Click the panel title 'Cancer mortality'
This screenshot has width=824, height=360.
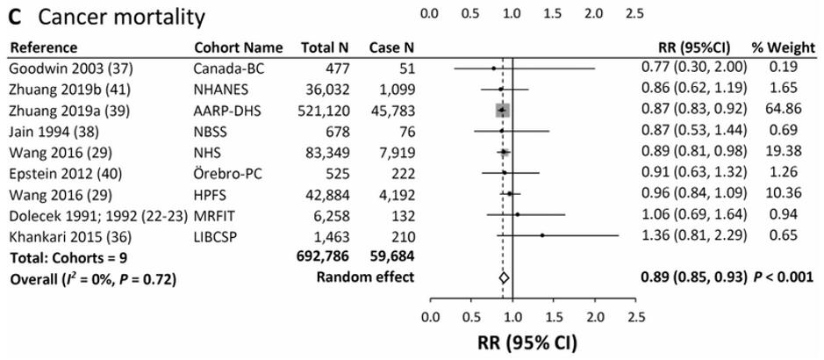pos(121,16)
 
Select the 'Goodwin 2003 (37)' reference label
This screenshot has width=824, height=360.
pos(60,68)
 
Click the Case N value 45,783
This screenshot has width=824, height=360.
pos(392,110)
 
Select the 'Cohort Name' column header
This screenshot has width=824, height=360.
pos(239,47)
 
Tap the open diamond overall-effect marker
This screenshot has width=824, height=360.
pos(504,278)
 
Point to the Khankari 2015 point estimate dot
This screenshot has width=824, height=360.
pos(542,235)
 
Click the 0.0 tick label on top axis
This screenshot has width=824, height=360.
pos(430,14)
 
